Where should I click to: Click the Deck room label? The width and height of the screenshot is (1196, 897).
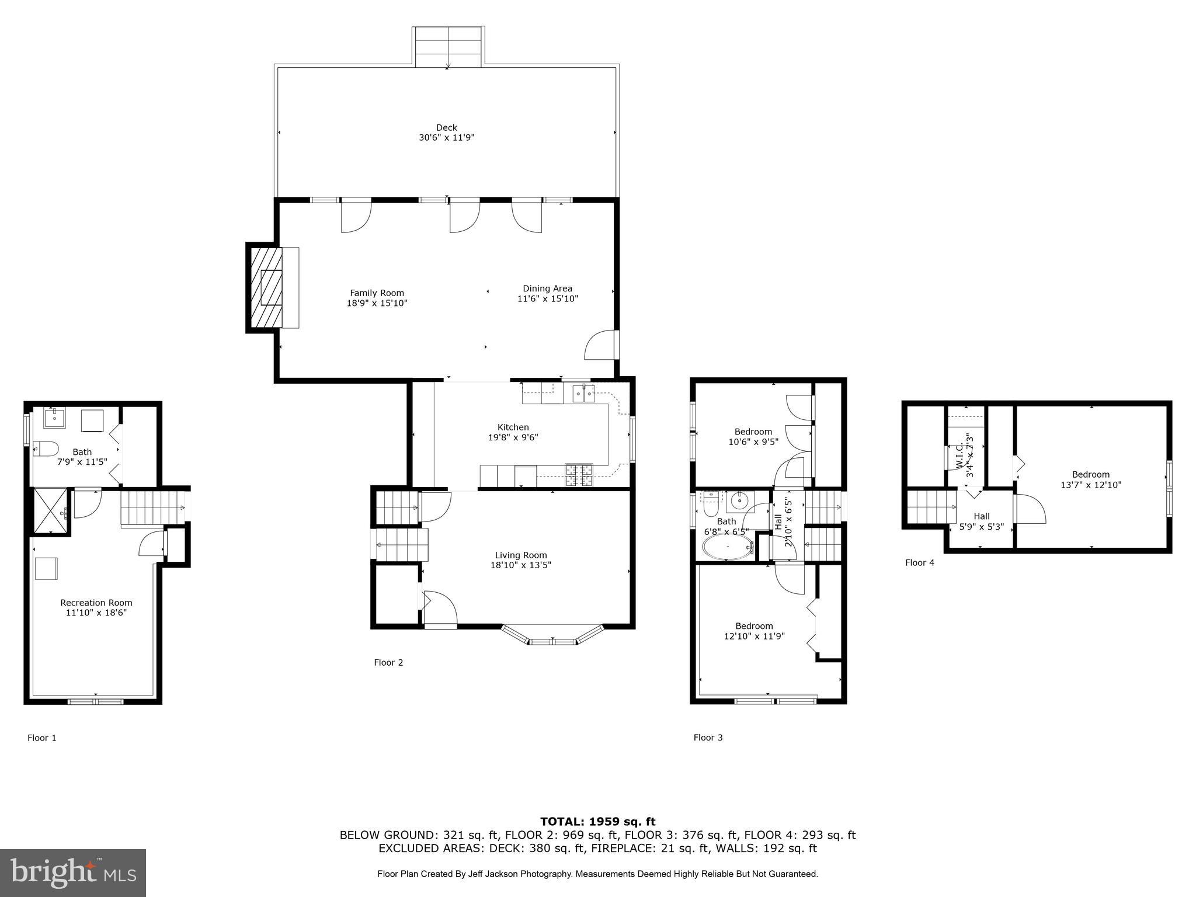446,128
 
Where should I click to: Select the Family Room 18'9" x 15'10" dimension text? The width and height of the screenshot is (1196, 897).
377,303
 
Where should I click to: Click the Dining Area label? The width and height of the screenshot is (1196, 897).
547,288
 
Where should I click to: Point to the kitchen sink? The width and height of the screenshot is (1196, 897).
583,393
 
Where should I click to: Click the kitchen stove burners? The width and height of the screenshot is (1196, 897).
579,475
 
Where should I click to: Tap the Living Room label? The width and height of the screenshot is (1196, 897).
521,555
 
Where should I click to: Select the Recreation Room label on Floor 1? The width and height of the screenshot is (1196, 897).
96,603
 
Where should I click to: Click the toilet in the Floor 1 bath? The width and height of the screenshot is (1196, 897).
47,448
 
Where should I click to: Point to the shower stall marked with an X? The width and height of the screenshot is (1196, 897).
50,512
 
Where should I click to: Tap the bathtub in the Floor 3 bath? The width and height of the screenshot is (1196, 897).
728,548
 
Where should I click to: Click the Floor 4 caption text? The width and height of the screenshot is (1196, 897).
919,562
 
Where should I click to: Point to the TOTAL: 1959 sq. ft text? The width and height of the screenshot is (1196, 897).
597,822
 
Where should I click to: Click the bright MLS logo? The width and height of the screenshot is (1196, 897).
73,872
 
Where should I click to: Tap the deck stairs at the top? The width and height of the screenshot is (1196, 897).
448,47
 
